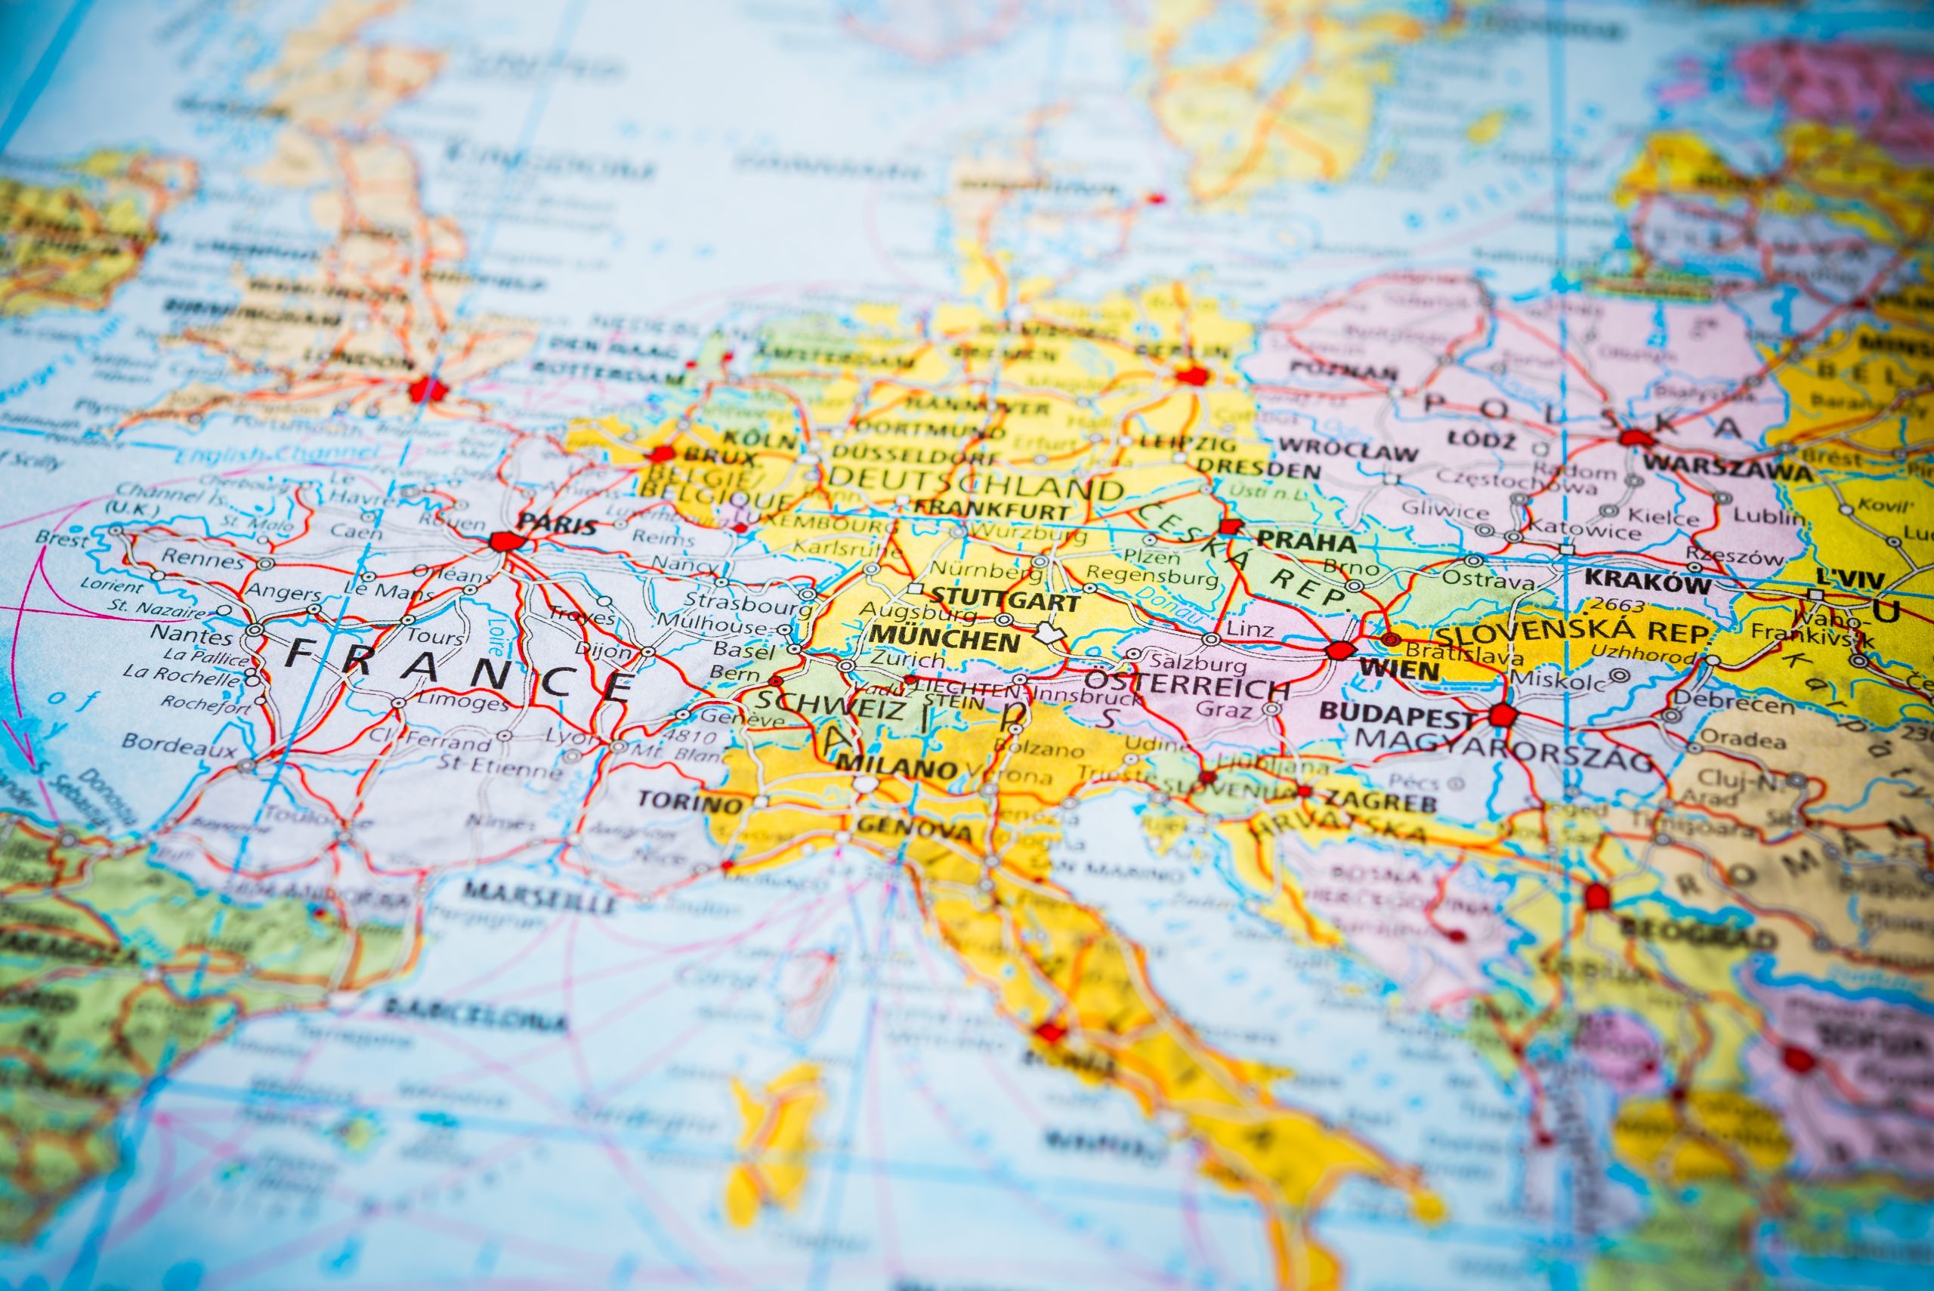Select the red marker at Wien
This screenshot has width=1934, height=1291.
point(1339,650)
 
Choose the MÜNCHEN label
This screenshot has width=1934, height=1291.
point(944,638)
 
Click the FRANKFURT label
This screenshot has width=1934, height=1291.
point(993,510)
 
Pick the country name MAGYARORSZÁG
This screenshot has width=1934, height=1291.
point(1503,748)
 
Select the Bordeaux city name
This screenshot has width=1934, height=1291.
point(178,744)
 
